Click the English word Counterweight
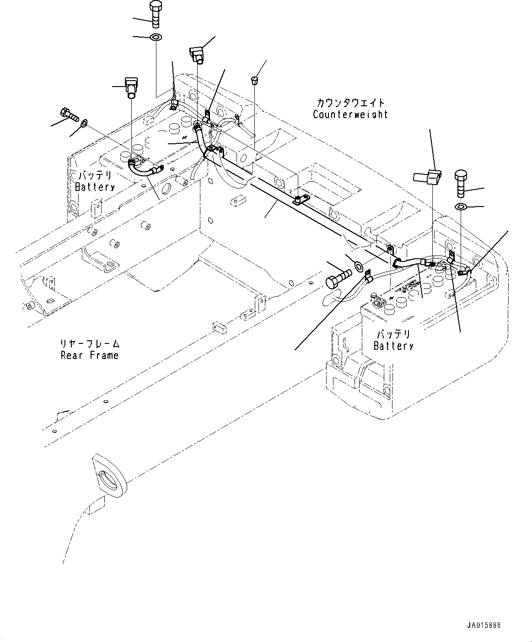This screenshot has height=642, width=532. coord(350,114)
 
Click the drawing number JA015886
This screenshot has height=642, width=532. coord(484,626)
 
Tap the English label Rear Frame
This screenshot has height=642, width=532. coord(89,355)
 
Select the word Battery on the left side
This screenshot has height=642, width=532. coord(95,187)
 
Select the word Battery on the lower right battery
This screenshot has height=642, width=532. coord(393,346)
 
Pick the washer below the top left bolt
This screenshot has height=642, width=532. coord(156,37)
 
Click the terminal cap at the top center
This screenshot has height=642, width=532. coord(197,53)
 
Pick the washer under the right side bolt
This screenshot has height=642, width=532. coord(461,207)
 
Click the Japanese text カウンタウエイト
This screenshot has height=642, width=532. coord(350,103)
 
